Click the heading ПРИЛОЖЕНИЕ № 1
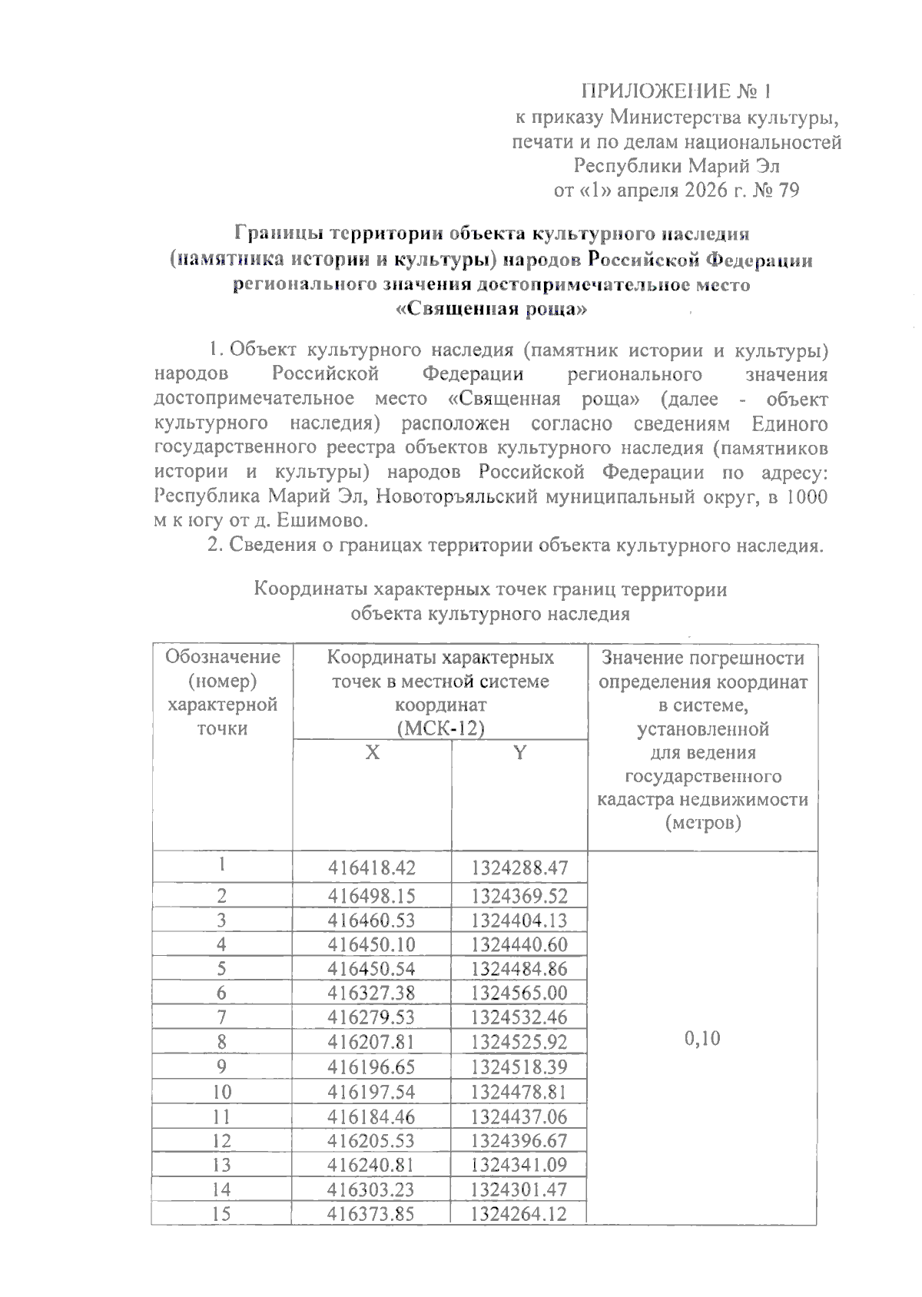click(675, 92)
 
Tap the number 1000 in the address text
click(806, 496)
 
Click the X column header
click(372, 753)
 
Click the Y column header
click(519, 753)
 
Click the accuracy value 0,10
click(701, 1039)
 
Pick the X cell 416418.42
click(372, 868)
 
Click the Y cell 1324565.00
click(519, 993)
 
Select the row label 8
click(221, 1042)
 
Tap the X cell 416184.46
click(372, 1116)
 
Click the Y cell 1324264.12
click(519, 1214)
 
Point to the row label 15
click(221, 1214)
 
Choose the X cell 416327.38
click(372, 993)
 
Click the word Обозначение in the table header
click(223, 658)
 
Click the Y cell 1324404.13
click(519, 920)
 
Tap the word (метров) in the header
click(702, 823)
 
